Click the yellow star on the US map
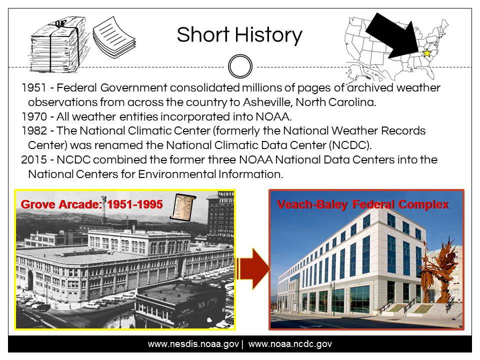[426, 53]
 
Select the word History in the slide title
[268, 35]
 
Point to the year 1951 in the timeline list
[34, 88]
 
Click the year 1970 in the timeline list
[34, 116]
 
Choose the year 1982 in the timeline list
[34, 130]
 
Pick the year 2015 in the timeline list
[34, 160]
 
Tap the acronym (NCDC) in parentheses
[350, 145]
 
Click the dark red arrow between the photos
[253, 269]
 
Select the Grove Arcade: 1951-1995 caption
[91, 204]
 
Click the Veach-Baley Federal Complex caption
[363, 204]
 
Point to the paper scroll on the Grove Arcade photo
[183, 207]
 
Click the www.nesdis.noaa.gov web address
[193, 344]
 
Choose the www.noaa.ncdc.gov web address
[290, 344]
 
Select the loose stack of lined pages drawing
[114, 37]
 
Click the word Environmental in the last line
[177, 174]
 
